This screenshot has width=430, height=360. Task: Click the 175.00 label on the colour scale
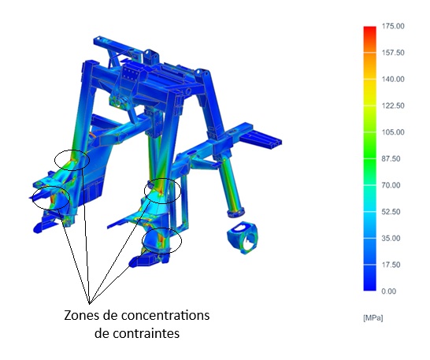(393, 26)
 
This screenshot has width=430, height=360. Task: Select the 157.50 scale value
(393, 53)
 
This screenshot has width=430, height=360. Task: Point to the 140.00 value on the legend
(393, 80)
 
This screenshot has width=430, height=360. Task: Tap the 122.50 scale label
(393, 106)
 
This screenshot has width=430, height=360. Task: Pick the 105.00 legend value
(393, 132)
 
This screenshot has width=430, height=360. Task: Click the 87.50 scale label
(391, 158)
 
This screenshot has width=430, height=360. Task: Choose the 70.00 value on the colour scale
(391, 185)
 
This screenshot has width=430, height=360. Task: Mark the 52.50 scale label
(391, 212)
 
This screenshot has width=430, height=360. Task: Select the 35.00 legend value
(391, 238)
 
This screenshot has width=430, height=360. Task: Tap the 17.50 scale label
(391, 265)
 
